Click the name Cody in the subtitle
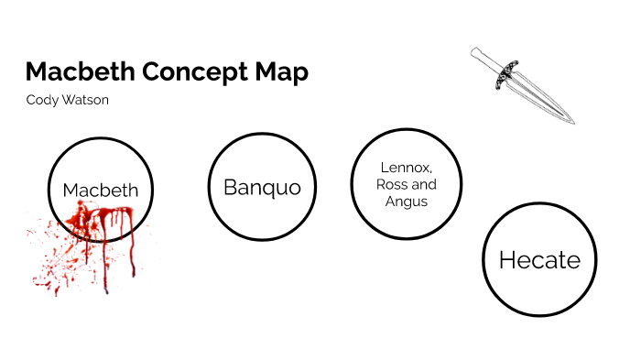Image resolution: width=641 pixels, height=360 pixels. (41, 100)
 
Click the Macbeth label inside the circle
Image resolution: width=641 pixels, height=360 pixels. (101, 191)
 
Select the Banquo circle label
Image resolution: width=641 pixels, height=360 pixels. (262, 187)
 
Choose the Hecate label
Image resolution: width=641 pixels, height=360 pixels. (539, 260)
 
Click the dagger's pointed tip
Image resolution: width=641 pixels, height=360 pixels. (572, 123)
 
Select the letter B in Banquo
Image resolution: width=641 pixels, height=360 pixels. (231, 187)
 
